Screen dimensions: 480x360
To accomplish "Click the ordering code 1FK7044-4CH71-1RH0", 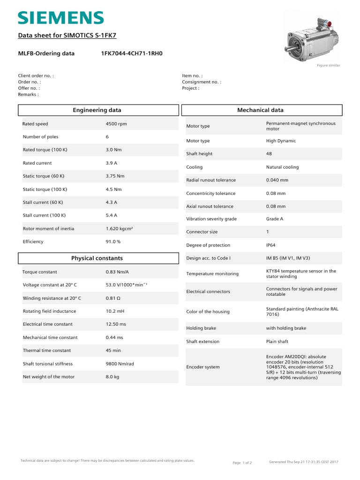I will [x=132, y=53].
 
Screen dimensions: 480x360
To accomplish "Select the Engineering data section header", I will [x=97, y=110].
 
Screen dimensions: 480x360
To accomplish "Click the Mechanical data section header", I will [x=260, y=110].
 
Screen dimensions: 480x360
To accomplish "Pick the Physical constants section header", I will [x=97, y=258].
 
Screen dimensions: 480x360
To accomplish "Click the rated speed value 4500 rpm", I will [x=116, y=124].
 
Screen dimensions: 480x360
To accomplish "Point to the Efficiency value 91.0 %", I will [x=113, y=242].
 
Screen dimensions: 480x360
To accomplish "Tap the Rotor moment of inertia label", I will [x=48, y=229].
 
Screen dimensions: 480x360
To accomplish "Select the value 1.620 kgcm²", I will [x=120, y=229].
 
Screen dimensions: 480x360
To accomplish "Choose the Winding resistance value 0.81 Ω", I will [x=114, y=298].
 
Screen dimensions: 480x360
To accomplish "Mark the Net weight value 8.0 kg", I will [x=112, y=377].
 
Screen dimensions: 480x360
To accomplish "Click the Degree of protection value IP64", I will [x=272, y=245].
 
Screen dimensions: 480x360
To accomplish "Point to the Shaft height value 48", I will [x=269, y=154].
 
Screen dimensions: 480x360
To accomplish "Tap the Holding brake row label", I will [x=201, y=328].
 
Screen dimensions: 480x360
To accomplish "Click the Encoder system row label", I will [x=203, y=367].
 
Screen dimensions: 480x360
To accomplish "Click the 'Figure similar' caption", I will [x=329, y=65].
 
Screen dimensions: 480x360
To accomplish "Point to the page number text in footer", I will [x=242, y=463].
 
